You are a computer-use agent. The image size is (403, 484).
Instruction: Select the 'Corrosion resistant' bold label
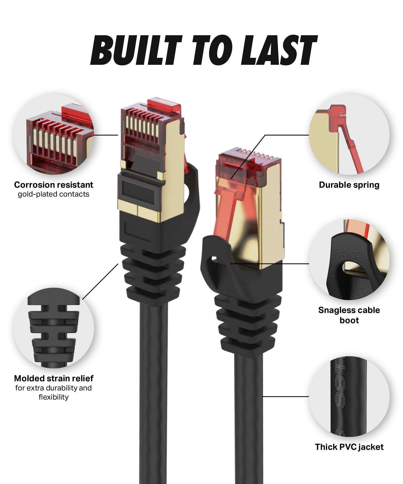pos(53,185)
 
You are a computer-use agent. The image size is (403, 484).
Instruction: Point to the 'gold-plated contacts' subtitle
pos(53,194)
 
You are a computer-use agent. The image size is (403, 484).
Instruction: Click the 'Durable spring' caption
pos(349,185)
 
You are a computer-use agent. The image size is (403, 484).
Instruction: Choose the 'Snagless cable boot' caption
pos(349,315)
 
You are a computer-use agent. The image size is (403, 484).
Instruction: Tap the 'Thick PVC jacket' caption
pos(349,447)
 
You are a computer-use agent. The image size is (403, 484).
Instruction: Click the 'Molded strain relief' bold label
pos(53,378)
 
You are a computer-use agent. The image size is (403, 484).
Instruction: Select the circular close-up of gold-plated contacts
pos(53,134)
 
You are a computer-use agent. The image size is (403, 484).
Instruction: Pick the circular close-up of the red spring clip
pos(349,134)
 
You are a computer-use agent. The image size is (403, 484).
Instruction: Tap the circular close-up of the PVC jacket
pos(349,397)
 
